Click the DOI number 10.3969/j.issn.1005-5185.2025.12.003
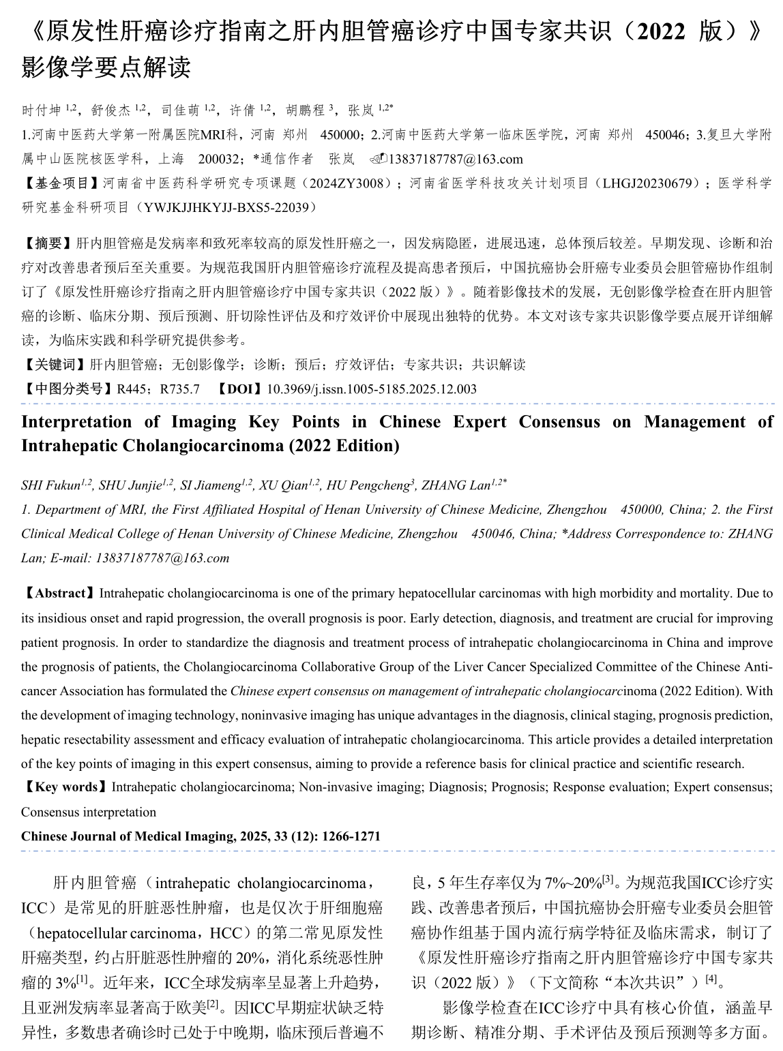pos(372,389)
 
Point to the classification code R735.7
pos(179,389)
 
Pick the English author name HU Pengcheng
pos(367,485)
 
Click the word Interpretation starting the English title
pos(76,422)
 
